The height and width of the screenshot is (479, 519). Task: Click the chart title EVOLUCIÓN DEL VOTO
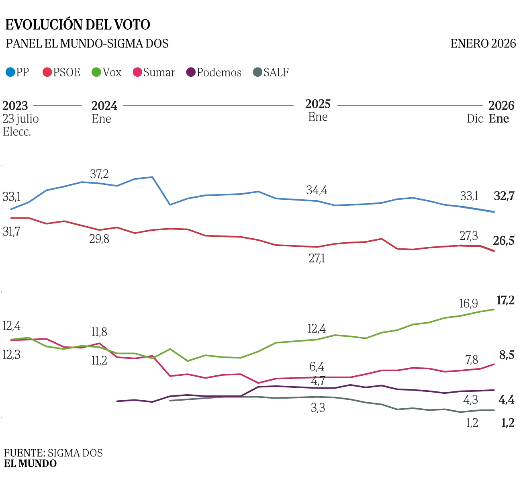pyautogui.click(x=78, y=25)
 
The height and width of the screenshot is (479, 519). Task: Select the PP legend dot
pyautogui.click(x=10, y=72)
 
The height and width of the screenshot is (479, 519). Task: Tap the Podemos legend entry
pyautogui.click(x=214, y=72)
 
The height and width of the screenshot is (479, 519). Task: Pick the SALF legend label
pyautogui.click(x=276, y=72)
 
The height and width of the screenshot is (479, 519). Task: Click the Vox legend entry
pyautogui.click(x=107, y=72)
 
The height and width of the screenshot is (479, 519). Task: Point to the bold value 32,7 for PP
pyautogui.click(x=504, y=196)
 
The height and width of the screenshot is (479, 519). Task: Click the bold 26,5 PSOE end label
pyautogui.click(x=504, y=241)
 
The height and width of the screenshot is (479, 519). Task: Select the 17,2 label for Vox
pyautogui.click(x=505, y=300)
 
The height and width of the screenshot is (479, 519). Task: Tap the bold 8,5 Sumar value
pyautogui.click(x=507, y=355)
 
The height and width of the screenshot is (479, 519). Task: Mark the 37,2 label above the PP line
pyautogui.click(x=99, y=174)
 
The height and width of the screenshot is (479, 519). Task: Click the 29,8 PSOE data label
pyautogui.click(x=99, y=239)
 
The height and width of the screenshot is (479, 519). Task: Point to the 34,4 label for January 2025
pyautogui.click(x=317, y=190)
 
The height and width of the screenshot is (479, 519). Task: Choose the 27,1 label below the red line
pyautogui.click(x=317, y=258)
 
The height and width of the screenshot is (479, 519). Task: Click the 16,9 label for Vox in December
pyautogui.click(x=468, y=303)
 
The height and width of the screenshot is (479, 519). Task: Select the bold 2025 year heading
pyautogui.click(x=318, y=104)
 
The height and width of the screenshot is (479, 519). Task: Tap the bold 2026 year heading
pyautogui.click(x=501, y=106)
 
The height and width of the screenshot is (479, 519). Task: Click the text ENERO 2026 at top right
pyautogui.click(x=483, y=43)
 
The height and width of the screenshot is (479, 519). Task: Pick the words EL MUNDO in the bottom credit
pyautogui.click(x=31, y=463)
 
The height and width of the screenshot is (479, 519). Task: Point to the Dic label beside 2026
pyautogui.click(x=474, y=119)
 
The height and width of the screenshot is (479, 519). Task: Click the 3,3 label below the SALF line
pyautogui.click(x=318, y=408)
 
